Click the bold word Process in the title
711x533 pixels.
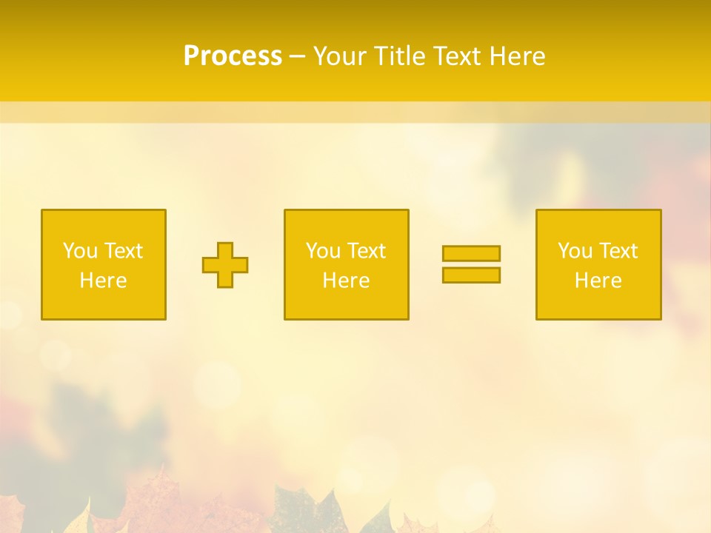point(233,56)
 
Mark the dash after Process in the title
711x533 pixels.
point(298,57)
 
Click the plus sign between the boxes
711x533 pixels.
point(225,265)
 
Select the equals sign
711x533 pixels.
point(471,264)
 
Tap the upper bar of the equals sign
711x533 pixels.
point(471,253)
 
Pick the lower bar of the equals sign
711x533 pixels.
point(471,275)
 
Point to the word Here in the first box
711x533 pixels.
point(103,281)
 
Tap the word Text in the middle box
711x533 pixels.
point(367,251)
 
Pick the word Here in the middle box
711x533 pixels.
point(346,281)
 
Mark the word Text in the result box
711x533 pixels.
point(618,251)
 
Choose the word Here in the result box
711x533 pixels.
point(598,281)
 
